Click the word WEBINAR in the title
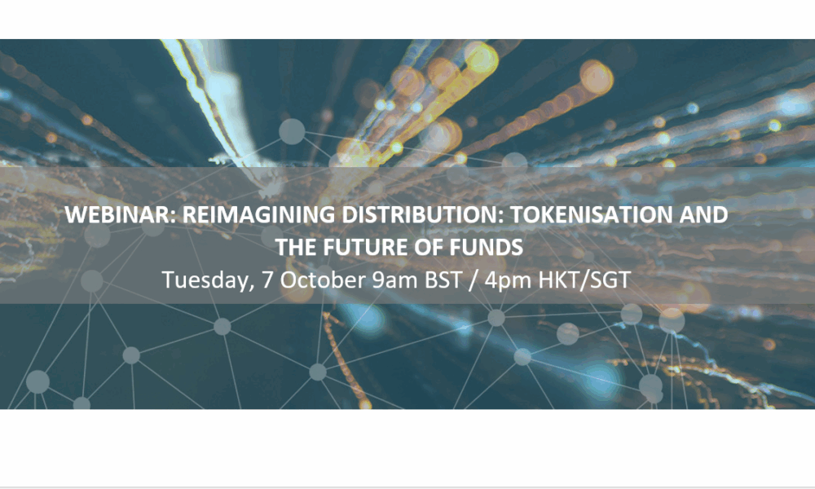(x=118, y=214)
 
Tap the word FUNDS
(x=486, y=248)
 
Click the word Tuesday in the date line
(x=206, y=280)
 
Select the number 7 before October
(x=267, y=280)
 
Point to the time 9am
(x=395, y=280)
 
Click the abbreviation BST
(x=443, y=280)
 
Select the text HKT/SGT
(x=584, y=280)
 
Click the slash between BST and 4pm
(x=473, y=280)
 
